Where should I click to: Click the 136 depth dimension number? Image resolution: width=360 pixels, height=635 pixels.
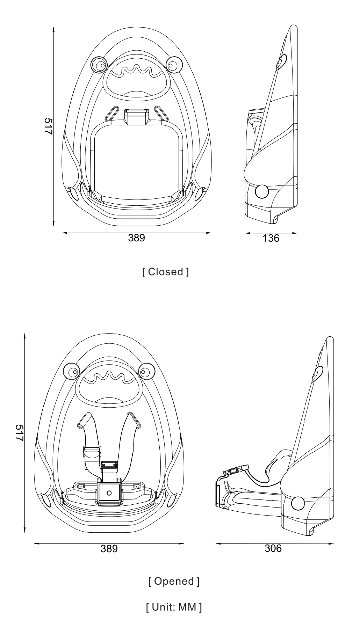click(x=271, y=239)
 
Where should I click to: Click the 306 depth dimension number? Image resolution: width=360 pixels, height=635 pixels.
click(x=273, y=549)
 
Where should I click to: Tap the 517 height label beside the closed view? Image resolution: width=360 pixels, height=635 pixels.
click(x=48, y=126)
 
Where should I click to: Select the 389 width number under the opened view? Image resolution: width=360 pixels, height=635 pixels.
click(x=109, y=549)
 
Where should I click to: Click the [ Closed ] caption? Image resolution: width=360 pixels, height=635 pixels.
click(x=165, y=272)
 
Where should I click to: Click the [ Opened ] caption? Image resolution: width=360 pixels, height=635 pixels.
click(x=174, y=582)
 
